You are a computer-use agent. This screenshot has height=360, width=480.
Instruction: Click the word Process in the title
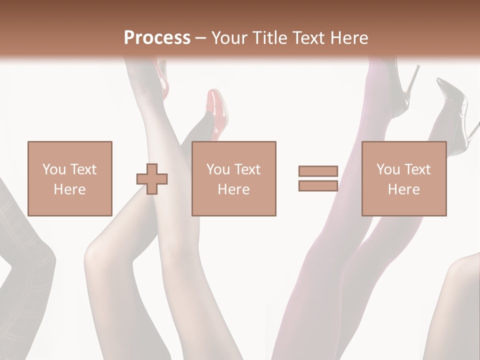coord(157,38)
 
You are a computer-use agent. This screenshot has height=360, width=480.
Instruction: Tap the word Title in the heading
coord(269,38)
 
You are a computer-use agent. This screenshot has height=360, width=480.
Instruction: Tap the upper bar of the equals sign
coord(318,171)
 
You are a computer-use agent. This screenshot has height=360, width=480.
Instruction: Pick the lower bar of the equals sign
coord(318,185)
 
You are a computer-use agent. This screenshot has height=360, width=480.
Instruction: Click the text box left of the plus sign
coord(69,178)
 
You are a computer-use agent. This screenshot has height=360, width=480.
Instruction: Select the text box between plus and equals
coord(233,178)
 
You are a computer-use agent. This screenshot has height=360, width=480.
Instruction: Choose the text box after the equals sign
coord(403,178)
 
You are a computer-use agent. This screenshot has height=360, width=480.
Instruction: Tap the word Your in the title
coord(228,38)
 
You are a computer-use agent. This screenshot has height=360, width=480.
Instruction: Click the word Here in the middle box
coord(233,189)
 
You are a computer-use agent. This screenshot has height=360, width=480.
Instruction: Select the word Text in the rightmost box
coord(417,169)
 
